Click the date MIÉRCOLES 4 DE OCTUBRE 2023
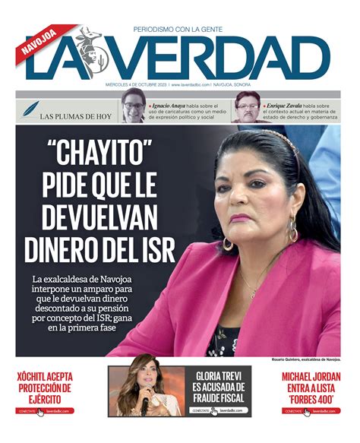tap(137, 85)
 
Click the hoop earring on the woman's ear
tap(228, 243)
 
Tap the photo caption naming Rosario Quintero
tap(305, 358)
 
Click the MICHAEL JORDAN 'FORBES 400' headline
tap(311, 387)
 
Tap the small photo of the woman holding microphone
tap(147, 391)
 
